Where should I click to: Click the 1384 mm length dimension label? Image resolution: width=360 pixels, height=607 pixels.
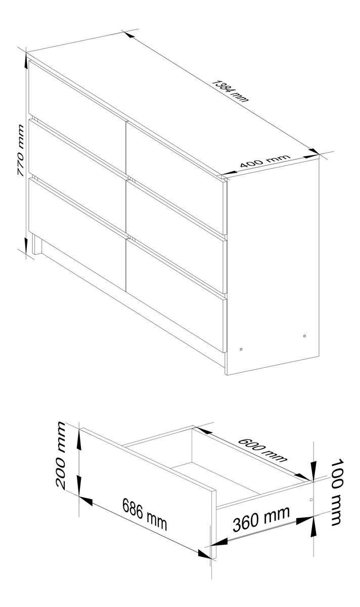click(x=230, y=91)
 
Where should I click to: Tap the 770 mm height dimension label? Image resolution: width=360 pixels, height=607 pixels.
click(x=21, y=150)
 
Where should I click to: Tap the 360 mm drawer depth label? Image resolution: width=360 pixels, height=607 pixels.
click(x=261, y=518)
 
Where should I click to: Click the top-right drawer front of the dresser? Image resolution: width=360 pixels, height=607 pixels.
click(x=175, y=178)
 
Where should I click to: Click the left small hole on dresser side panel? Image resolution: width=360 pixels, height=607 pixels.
click(x=241, y=349)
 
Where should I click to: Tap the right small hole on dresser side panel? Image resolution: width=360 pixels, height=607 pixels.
click(x=304, y=336)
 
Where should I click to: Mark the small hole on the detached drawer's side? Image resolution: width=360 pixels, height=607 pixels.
click(x=311, y=499)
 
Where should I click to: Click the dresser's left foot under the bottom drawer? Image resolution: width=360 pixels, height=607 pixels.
click(x=37, y=244)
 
